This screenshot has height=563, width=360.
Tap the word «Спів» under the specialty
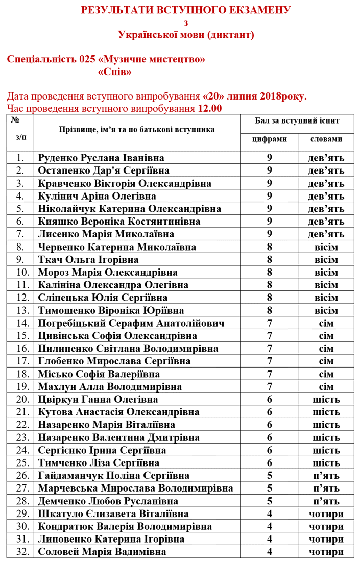[114, 72]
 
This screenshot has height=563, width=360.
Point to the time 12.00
[210, 108]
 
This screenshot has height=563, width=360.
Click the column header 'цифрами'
[270, 139]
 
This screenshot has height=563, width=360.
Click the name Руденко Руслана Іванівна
[105, 158]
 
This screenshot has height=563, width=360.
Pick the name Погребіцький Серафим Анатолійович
[132, 323]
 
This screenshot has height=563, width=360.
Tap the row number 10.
[22, 272]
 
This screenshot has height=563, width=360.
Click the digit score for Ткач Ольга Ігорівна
[270, 259]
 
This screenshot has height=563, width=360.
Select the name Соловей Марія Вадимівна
[102, 552]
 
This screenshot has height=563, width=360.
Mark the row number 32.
[22, 552]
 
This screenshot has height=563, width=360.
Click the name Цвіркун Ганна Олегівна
[98, 399]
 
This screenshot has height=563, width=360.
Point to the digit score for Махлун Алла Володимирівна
[270, 386]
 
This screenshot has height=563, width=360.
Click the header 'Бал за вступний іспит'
[297, 121]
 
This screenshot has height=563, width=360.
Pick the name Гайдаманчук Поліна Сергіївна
[114, 475]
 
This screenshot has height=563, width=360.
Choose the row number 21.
[22, 412]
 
